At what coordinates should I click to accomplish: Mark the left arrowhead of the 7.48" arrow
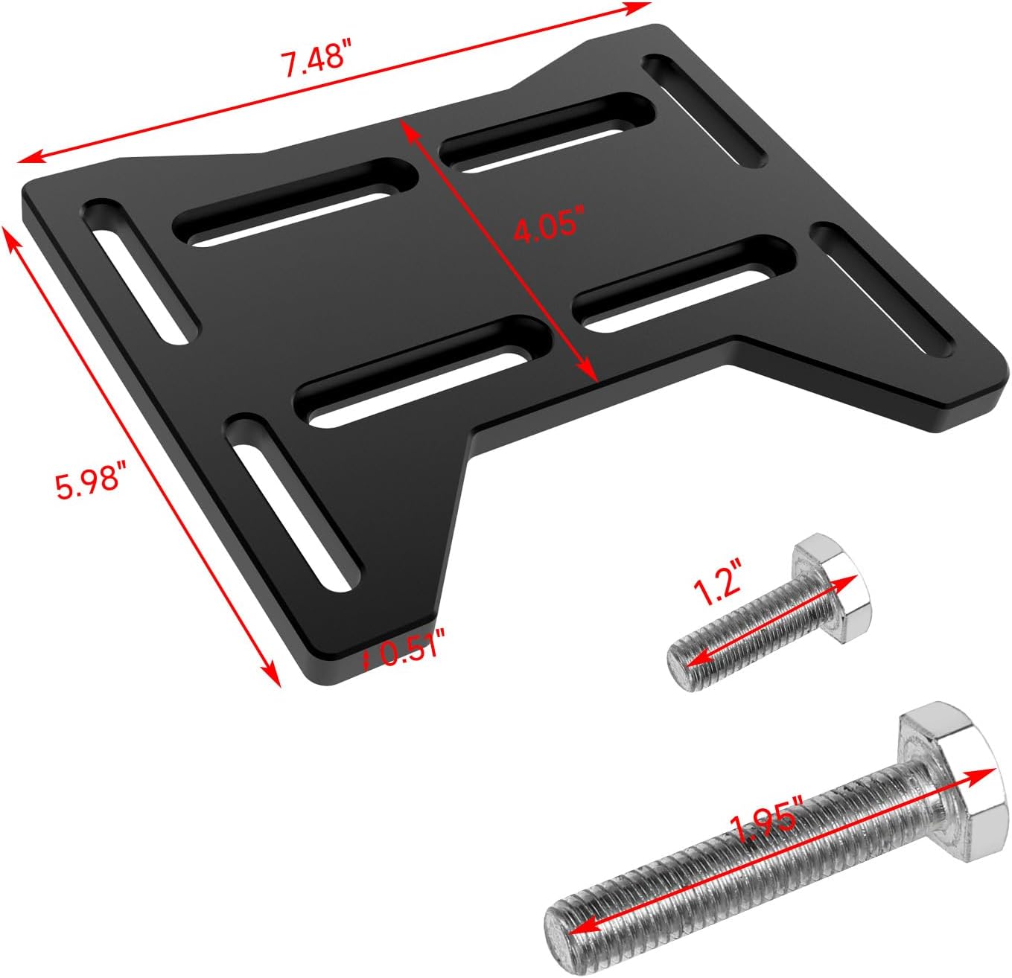(x=27, y=159)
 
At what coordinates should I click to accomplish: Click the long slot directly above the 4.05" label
(x=547, y=131)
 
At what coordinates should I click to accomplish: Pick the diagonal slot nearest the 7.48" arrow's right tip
(x=704, y=111)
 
